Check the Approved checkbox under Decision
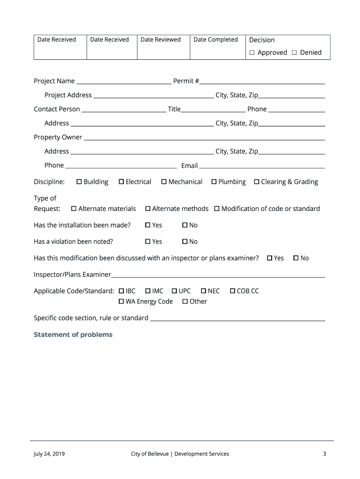(x=252, y=53)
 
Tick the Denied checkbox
(x=294, y=53)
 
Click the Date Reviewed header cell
(x=160, y=40)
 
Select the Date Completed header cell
(x=216, y=40)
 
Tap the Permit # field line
(x=262, y=83)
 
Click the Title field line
(x=213, y=111)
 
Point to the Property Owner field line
(x=204, y=139)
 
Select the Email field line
(x=262, y=167)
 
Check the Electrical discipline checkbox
(x=122, y=181)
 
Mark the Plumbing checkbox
(x=214, y=181)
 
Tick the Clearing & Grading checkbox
(x=257, y=181)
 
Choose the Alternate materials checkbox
(x=74, y=209)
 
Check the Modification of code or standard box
(x=217, y=209)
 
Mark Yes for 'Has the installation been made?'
(x=148, y=225)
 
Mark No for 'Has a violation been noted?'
(x=185, y=241)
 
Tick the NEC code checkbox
(x=203, y=291)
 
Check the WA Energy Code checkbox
(x=122, y=301)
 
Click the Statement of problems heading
(x=73, y=335)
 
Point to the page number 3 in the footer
(x=324, y=454)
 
